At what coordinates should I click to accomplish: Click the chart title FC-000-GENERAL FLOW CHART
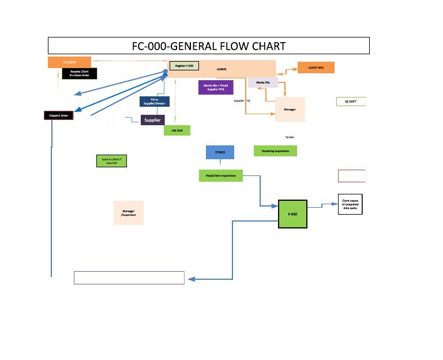(208, 46)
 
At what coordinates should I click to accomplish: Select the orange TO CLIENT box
(69, 62)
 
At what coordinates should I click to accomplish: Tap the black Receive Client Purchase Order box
(80, 73)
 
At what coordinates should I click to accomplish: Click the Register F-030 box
(184, 66)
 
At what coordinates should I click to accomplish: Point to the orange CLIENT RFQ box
(316, 67)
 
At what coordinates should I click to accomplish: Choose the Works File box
(263, 82)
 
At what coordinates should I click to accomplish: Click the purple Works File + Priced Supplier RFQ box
(215, 87)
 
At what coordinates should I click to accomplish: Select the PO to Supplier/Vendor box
(154, 102)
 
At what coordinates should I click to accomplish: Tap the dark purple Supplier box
(153, 120)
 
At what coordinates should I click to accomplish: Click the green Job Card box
(177, 131)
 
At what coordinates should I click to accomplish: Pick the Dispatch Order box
(59, 115)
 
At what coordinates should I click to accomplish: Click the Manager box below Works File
(290, 110)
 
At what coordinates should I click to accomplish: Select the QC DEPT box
(351, 102)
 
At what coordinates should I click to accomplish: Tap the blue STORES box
(220, 152)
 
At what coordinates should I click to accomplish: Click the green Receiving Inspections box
(275, 151)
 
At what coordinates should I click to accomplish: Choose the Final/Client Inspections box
(220, 175)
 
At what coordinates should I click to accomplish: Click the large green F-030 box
(292, 214)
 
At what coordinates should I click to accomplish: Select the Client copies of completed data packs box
(350, 204)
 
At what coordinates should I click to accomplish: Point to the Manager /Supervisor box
(128, 213)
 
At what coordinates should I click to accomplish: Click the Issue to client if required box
(111, 161)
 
